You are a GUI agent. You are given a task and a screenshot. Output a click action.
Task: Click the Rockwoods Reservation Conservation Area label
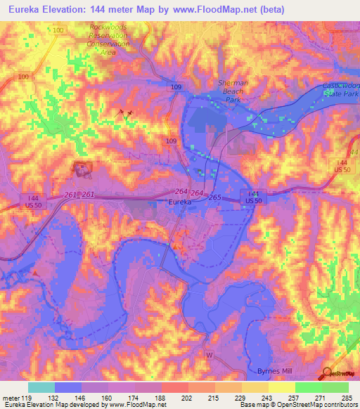click(109, 39)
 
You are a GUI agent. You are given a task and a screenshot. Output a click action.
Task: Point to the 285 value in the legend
click(348, 397)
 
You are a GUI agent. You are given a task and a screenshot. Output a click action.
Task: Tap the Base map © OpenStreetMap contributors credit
click(297, 405)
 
